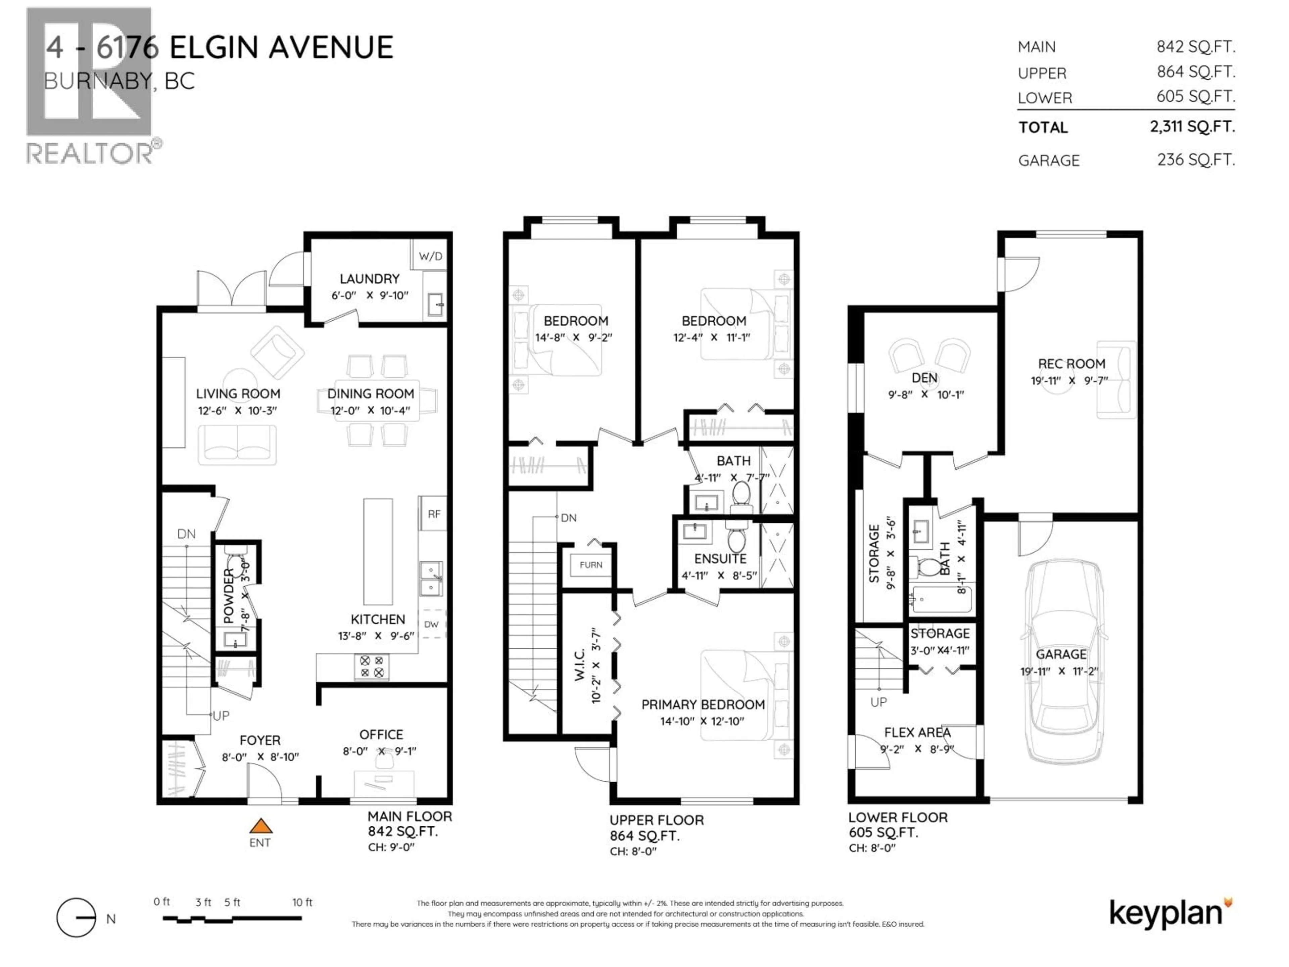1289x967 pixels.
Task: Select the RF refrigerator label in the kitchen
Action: click(x=434, y=514)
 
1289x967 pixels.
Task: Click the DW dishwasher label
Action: click(x=431, y=624)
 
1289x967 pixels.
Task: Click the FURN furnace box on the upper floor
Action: click(x=590, y=565)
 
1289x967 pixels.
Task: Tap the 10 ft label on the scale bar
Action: click(x=302, y=902)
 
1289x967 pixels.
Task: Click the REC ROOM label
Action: click(x=1071, y=364)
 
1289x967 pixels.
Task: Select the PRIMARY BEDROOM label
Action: click(x=703, y=705)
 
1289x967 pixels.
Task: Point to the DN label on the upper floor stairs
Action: click(x=568, y=518)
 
